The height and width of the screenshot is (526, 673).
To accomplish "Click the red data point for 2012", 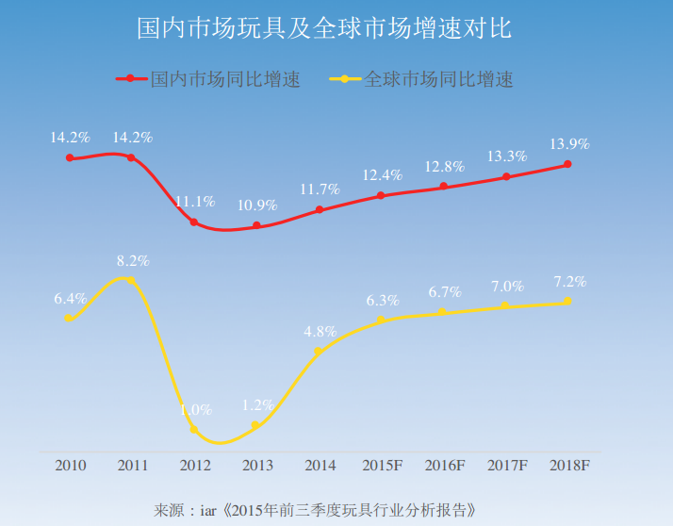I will tap(194, 222).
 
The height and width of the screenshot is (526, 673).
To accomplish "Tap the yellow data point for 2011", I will tap(131, 281).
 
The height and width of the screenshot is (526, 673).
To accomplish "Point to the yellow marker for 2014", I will tap(319, 351).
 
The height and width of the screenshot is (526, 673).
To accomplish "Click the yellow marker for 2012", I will tap(194, 429).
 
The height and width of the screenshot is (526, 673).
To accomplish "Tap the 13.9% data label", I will tap(568, 144).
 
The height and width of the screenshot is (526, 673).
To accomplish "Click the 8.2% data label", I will tap(133, 261).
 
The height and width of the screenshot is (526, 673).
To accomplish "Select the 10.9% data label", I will tap(257, 205).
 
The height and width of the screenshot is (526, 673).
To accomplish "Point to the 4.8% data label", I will tap(320, 331).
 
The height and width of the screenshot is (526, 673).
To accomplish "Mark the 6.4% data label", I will tap(71, 298).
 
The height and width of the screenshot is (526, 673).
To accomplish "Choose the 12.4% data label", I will tap(382, 175).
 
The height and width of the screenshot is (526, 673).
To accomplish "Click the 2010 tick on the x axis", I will tap(71, 466).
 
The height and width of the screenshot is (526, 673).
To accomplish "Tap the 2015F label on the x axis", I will tap(382, 466).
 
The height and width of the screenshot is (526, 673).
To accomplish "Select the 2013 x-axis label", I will tap(257, 466).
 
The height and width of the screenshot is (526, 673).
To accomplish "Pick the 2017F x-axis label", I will tap(507, 466).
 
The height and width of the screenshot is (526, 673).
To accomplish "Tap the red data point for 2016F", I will tap(444, 187).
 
